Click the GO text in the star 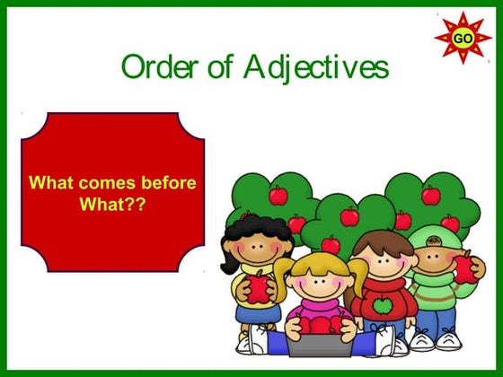(x=463, y=39)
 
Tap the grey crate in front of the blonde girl (x=319, y=346)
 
